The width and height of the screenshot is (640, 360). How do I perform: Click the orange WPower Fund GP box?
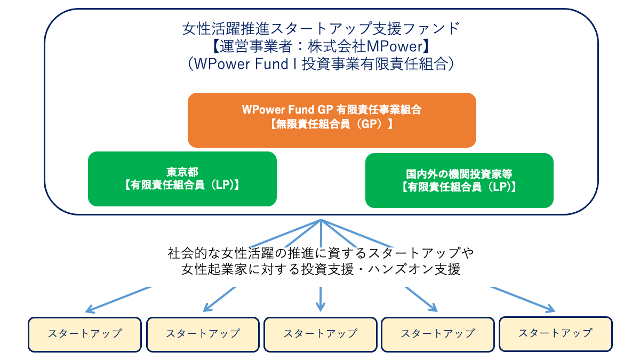[331, 120]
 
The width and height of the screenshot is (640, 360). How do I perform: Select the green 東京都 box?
[182, 179]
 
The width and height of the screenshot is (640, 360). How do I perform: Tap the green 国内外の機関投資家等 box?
[459, 180]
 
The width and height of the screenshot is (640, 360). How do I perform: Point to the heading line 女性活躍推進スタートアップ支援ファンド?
[321, 27]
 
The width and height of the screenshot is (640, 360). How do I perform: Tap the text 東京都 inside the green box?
[182, 172]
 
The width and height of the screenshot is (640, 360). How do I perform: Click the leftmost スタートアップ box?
[85, 334]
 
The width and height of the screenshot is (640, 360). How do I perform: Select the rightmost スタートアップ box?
[555, 333]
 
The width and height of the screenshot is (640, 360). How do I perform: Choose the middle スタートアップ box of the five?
[320, 334]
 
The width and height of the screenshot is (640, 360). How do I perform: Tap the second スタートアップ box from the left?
[203, 334]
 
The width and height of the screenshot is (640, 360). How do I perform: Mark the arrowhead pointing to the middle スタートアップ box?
[320, 308]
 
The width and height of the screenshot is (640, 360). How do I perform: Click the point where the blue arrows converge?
[321, 220]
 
